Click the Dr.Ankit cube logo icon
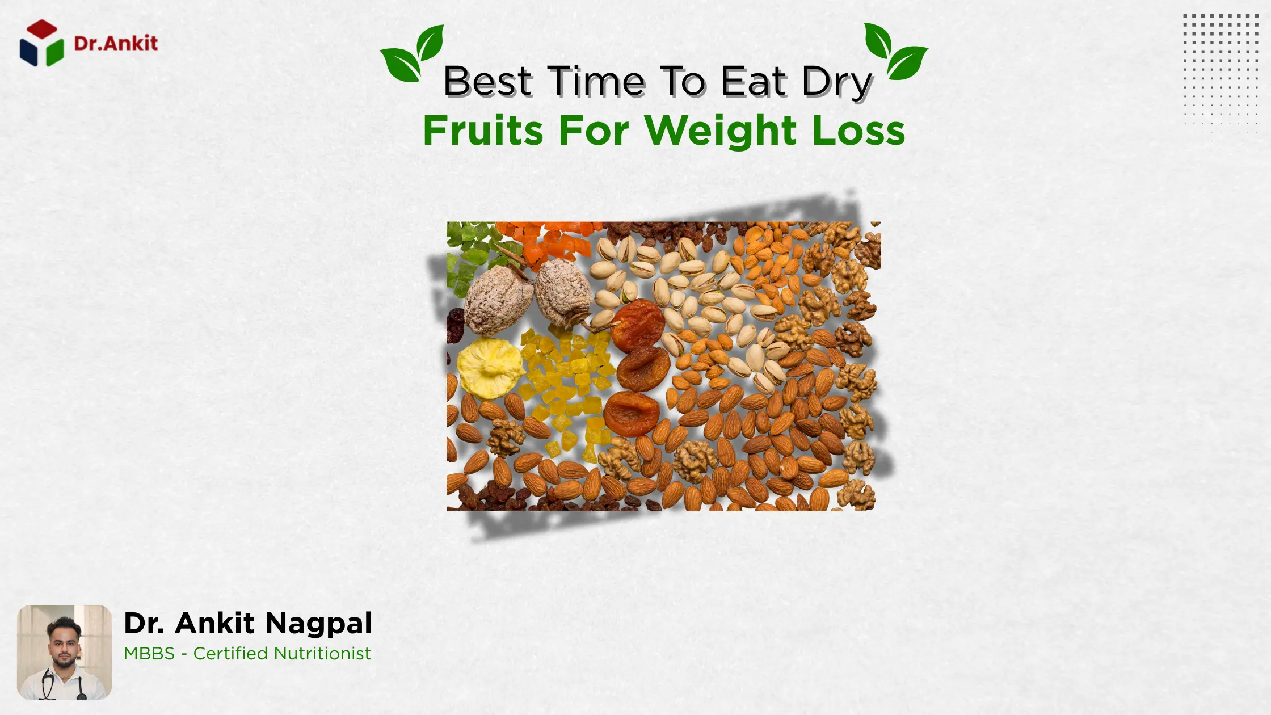[41, 43]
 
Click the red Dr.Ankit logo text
[116, 44]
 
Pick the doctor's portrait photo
[64, 652]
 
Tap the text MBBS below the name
[149, 654]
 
